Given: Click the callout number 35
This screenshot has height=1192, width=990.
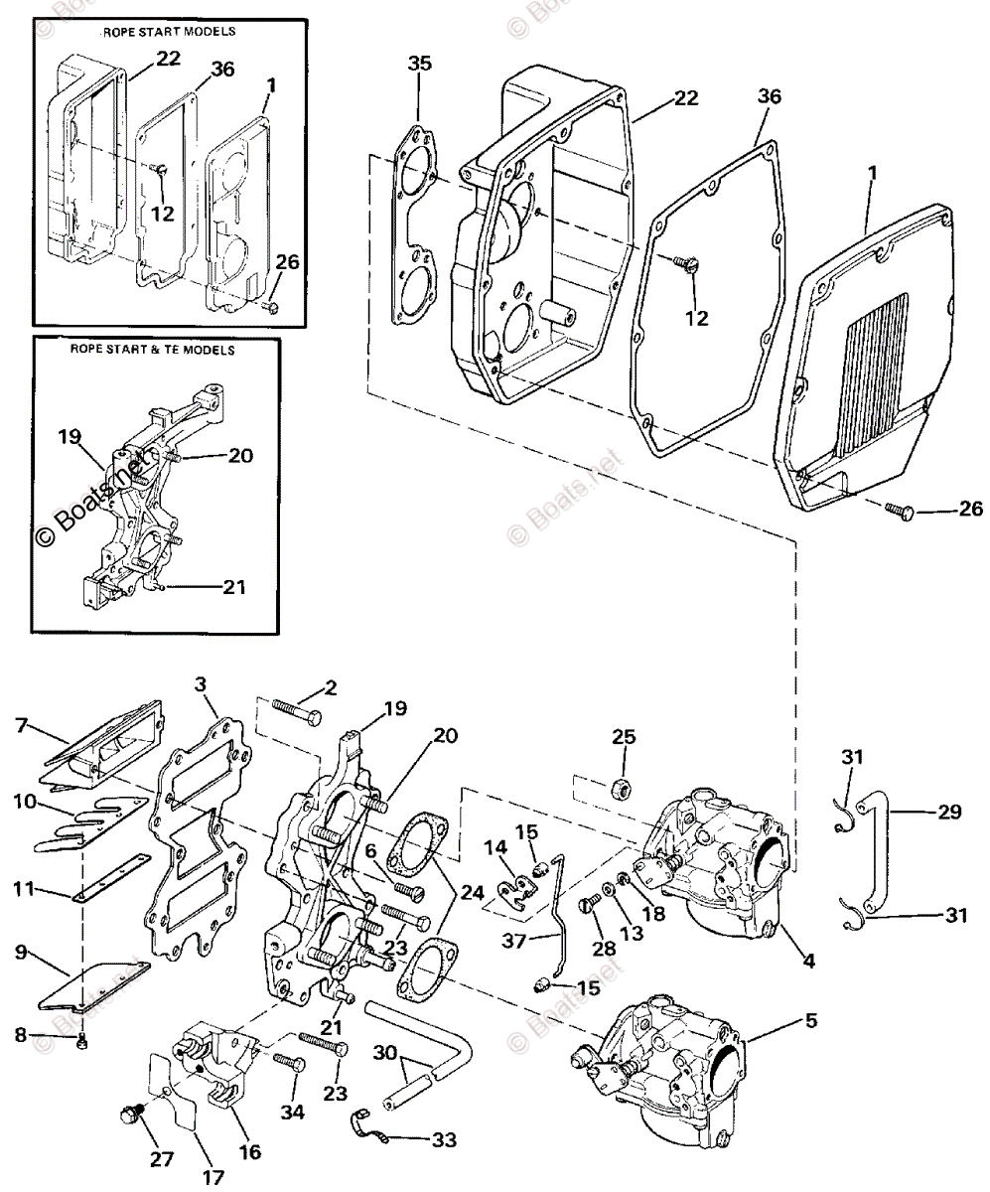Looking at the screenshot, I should [420, 64].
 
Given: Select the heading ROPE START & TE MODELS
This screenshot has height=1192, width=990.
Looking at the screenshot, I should [155, 350].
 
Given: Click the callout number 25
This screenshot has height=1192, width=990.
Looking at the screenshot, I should [623, 737].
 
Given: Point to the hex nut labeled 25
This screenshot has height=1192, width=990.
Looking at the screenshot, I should [623, 788].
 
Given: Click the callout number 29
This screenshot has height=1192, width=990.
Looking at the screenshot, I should [949, 812].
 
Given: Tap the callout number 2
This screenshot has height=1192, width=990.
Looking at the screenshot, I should [330, 688].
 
